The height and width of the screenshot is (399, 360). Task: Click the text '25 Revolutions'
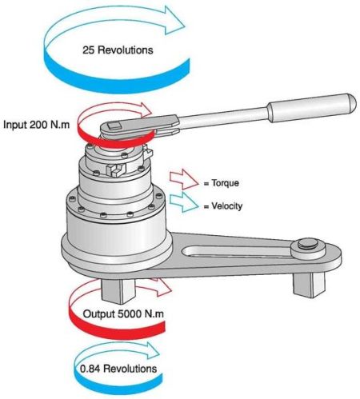tap(118, 50)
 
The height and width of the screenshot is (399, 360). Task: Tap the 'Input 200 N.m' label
tap(36, 125)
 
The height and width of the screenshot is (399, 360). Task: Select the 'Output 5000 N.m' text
tap(123, 313)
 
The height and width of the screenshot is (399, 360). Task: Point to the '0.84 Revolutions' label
tap(118, 369)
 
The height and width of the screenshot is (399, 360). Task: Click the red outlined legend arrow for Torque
tap(184, 179)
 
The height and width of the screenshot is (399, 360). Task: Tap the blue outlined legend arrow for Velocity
tap(184, 202)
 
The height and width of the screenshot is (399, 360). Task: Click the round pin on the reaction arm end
tap(308, 245)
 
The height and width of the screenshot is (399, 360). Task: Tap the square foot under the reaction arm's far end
tap(309, 285)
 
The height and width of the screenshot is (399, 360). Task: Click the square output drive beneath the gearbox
tap(118, 291)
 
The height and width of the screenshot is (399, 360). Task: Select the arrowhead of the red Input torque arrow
tap(146, 110)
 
